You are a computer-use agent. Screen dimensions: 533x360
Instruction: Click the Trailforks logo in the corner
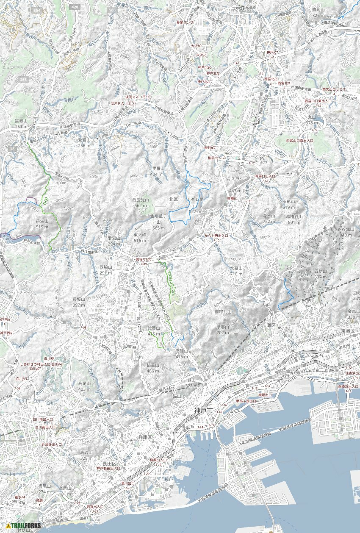pyautogui.click(x=23, y=526)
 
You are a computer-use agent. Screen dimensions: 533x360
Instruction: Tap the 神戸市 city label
pyautogui.click(x=203, y=410)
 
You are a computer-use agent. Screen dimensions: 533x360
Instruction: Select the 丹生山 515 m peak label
pyautogui.click(x=42, y=224)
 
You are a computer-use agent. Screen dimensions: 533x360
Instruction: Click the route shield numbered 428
pyautogui.click(x=75, y=7)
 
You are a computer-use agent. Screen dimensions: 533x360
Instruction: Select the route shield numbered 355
pyautogui.click(x=23, y=79)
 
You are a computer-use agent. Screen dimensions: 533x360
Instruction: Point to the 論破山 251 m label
pyautogui.click(x=21, y=124)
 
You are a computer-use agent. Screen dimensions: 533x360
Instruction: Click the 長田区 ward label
pyautogui.click(x=109, y=464)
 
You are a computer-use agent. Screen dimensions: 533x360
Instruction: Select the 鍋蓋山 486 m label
pyautogui.click(x=153, y=368)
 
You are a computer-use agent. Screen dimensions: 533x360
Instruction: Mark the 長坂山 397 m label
pyautogui.click(x=79, y=302)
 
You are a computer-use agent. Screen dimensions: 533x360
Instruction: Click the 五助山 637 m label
pyautogui.click(x=321, y=274)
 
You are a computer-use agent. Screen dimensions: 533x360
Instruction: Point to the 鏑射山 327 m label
pyautogui.click(x=318, y=12)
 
